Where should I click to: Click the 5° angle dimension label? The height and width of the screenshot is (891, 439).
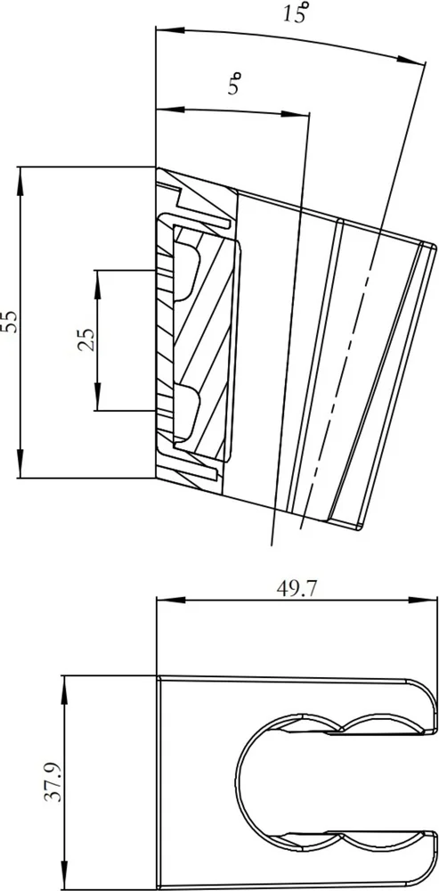pyautogui.click(x=236, y=86)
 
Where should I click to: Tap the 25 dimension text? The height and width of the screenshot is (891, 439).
pyautogui.click(x=86, y=340)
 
